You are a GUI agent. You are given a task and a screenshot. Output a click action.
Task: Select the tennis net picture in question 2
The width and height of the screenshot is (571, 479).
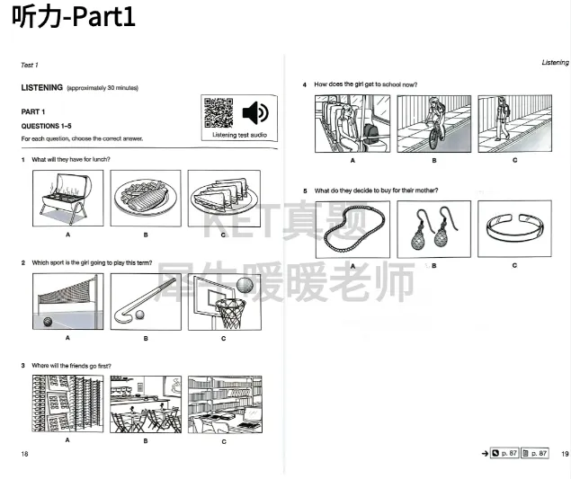[x=67, y=302]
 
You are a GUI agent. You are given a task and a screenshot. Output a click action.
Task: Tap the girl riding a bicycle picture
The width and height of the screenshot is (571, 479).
[x=434, y=124]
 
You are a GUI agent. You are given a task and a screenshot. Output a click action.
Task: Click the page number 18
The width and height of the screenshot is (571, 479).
[x=24, y=454]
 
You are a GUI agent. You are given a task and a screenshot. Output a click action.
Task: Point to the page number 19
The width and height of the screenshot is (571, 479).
[x=565, y=454]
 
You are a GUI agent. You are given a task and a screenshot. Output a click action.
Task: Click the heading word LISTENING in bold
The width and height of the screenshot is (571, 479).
[x=41, y=87]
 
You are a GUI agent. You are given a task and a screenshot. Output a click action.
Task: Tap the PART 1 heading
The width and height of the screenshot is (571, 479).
[x=33, y=111]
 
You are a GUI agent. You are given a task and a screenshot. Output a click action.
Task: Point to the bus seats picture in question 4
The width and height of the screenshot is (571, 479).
[x=352, y=124]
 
